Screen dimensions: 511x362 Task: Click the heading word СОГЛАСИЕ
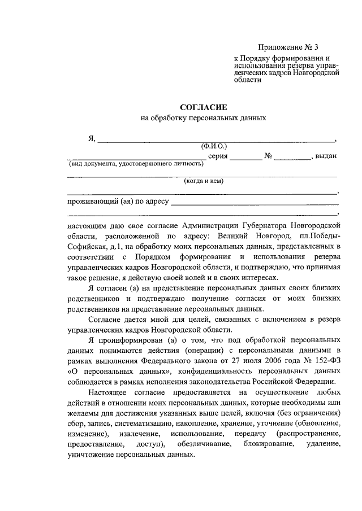pos(203,106)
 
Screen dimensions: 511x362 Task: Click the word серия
pos(218,156)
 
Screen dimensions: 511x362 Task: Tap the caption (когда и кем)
pos(204,181)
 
